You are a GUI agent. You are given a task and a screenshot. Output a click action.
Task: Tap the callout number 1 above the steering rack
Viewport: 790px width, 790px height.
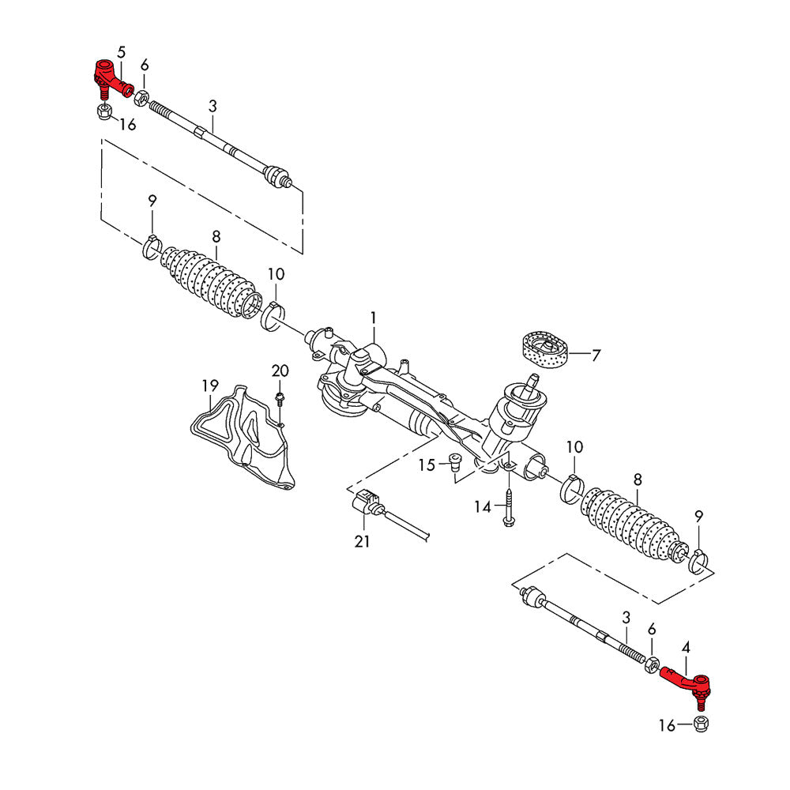point(374,318)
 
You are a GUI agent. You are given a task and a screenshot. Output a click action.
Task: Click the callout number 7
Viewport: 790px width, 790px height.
point(596,355)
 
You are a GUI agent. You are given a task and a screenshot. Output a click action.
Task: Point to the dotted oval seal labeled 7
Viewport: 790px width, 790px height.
point(545,350)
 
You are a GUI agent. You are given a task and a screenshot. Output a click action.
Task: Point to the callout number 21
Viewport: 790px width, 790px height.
point(362,542)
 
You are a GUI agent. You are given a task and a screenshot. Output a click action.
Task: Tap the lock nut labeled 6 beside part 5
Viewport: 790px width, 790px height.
point(142,100)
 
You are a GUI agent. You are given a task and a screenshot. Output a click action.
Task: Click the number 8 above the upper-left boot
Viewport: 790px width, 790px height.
point(216,236)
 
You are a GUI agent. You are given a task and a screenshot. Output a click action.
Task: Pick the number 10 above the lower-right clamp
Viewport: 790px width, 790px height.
point(574,447)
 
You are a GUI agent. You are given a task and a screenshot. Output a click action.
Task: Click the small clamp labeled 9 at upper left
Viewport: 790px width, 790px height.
point(152,246)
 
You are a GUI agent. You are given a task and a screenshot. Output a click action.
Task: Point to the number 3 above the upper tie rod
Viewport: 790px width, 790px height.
point(212,106)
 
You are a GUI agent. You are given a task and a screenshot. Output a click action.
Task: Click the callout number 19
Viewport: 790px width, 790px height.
point(209,386)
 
